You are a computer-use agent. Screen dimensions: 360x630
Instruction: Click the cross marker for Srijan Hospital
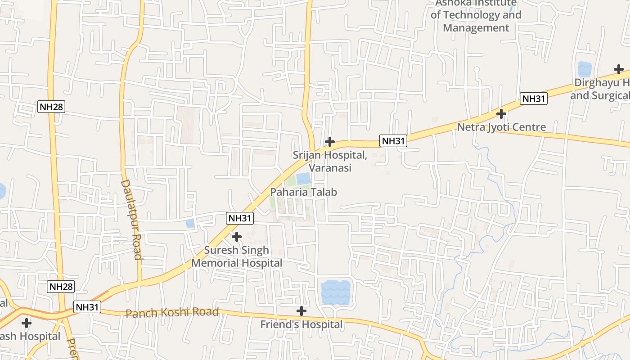(x=329, y=142)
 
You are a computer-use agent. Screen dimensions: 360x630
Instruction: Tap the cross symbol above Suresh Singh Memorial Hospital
(x=236, y=236)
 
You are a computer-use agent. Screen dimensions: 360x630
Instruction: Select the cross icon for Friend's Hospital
(x=301, y=311)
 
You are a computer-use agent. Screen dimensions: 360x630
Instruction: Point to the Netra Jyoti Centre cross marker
(x=501, y=113)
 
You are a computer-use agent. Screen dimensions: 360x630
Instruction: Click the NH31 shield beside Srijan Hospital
(x=393, y=141)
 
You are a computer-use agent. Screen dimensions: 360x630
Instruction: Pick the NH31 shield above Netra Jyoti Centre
(x=533, y=99)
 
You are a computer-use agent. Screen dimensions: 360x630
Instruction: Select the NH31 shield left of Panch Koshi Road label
(x=87, y=307)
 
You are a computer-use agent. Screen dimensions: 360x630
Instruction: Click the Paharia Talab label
(x=303, y=192)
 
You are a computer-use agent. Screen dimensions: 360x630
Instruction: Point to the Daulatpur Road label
(x=131, y=220)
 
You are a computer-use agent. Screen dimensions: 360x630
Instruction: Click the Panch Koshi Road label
(x=172, y=312)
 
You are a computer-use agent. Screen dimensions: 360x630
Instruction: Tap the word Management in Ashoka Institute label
(x=476, y=28)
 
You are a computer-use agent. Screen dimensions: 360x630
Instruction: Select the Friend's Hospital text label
(x=301, y=324)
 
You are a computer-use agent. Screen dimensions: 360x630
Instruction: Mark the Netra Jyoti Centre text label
(x=501, y=127)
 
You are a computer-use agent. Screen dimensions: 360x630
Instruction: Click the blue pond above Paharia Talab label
(x=303, y=179)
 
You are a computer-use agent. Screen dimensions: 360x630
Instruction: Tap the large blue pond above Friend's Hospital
(x=336, y=292)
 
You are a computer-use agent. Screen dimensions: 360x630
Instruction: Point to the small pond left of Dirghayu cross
(x=584, y=69)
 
